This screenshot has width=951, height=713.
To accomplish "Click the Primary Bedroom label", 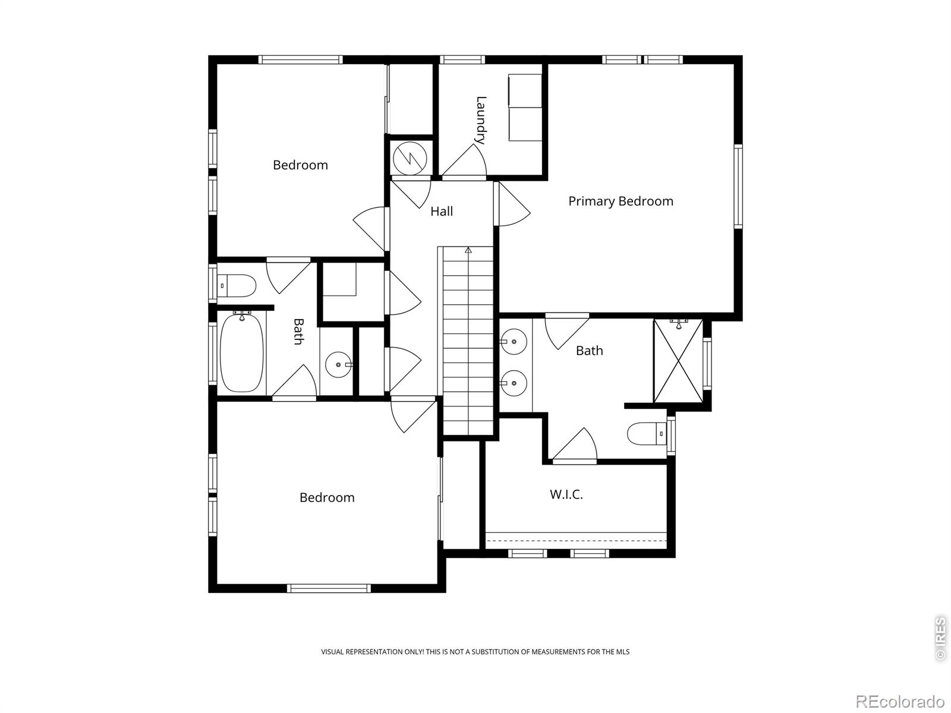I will pos(621,201).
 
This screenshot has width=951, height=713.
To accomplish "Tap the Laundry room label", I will pos(481,120).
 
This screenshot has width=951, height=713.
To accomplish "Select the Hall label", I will pos(442,212).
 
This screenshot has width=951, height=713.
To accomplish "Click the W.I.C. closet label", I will pos(566,494).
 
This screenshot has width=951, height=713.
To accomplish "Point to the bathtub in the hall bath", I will pos(241,354).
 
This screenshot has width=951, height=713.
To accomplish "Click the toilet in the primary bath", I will pos(647,434).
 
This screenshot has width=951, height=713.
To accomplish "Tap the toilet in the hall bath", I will pos(237,286).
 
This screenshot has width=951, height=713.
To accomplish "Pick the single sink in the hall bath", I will pos(339,364).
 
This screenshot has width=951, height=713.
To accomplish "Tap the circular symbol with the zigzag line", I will pos(410,157).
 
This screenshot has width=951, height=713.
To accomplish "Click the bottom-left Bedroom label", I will pos(327,498).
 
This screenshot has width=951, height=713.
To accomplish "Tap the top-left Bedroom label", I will pos(300,165).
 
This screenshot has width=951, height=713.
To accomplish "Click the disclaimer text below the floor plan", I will pos(475,652).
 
